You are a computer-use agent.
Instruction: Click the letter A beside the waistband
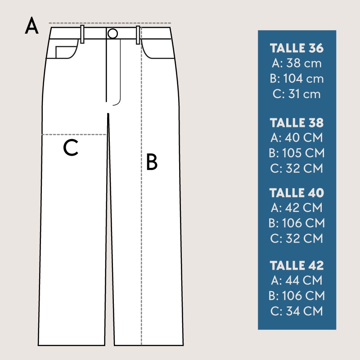(31, 26)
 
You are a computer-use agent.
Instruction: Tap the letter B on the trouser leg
(152, 162)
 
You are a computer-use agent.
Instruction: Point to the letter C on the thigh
(71, 148)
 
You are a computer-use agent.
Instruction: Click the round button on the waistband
(112, 33)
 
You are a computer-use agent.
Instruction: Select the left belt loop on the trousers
(82, 34)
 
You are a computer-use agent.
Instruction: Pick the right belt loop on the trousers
(138, 35)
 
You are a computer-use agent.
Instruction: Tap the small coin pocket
(66, 52)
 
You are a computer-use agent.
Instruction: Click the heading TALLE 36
(297, 48)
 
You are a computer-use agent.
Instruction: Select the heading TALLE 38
(297, 122)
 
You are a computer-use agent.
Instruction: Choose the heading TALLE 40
(297, 193)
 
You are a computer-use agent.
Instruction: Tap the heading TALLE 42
(297, 265)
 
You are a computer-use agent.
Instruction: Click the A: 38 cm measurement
(297, 63)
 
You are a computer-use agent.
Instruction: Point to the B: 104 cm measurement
(297, 78)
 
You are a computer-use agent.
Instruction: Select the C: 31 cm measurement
(297, 94)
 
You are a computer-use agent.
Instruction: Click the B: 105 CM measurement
(297, 153)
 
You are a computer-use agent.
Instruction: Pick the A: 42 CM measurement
(297, 207)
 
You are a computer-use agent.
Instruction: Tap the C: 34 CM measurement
(297, 311)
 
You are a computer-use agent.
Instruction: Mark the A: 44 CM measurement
(297, 280)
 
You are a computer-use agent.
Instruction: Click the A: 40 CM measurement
(297, 138)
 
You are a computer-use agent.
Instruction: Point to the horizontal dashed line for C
(74, 135)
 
